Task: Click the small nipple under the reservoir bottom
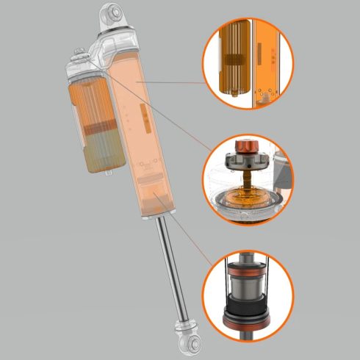pos(109,173)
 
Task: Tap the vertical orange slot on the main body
pos(144,118)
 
